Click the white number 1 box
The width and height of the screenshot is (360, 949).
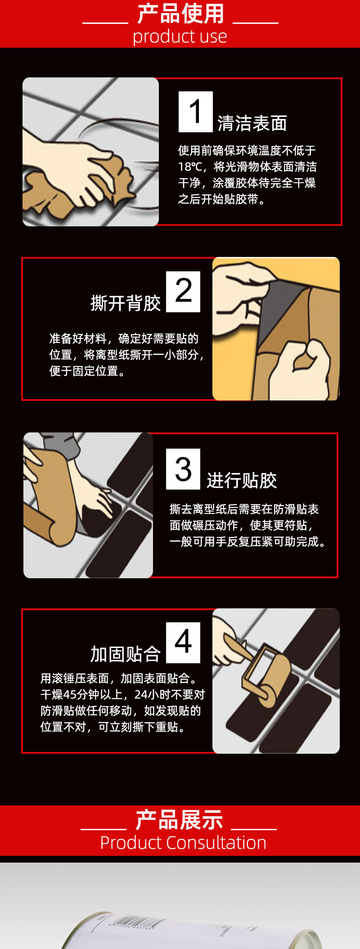(x=196, y=112)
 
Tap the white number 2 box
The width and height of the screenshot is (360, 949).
(x=183, y=292)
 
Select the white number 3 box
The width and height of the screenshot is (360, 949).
(x=183, y=469)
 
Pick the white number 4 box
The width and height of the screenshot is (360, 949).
(x=183, y=643)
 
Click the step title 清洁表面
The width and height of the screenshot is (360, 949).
(x=252, y=123)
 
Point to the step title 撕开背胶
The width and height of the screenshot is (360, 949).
(x=126, y=303)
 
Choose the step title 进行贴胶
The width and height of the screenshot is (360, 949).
(x=242, y=481)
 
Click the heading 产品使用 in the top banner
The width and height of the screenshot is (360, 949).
(x=180, y=13)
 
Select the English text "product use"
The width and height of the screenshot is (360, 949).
(x=180, y=36)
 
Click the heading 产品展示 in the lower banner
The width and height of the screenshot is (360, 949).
(x=179, y=820)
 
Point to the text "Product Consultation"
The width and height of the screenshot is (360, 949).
(x=183, y=843)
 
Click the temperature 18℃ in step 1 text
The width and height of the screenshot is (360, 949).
(x=192, y=167)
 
